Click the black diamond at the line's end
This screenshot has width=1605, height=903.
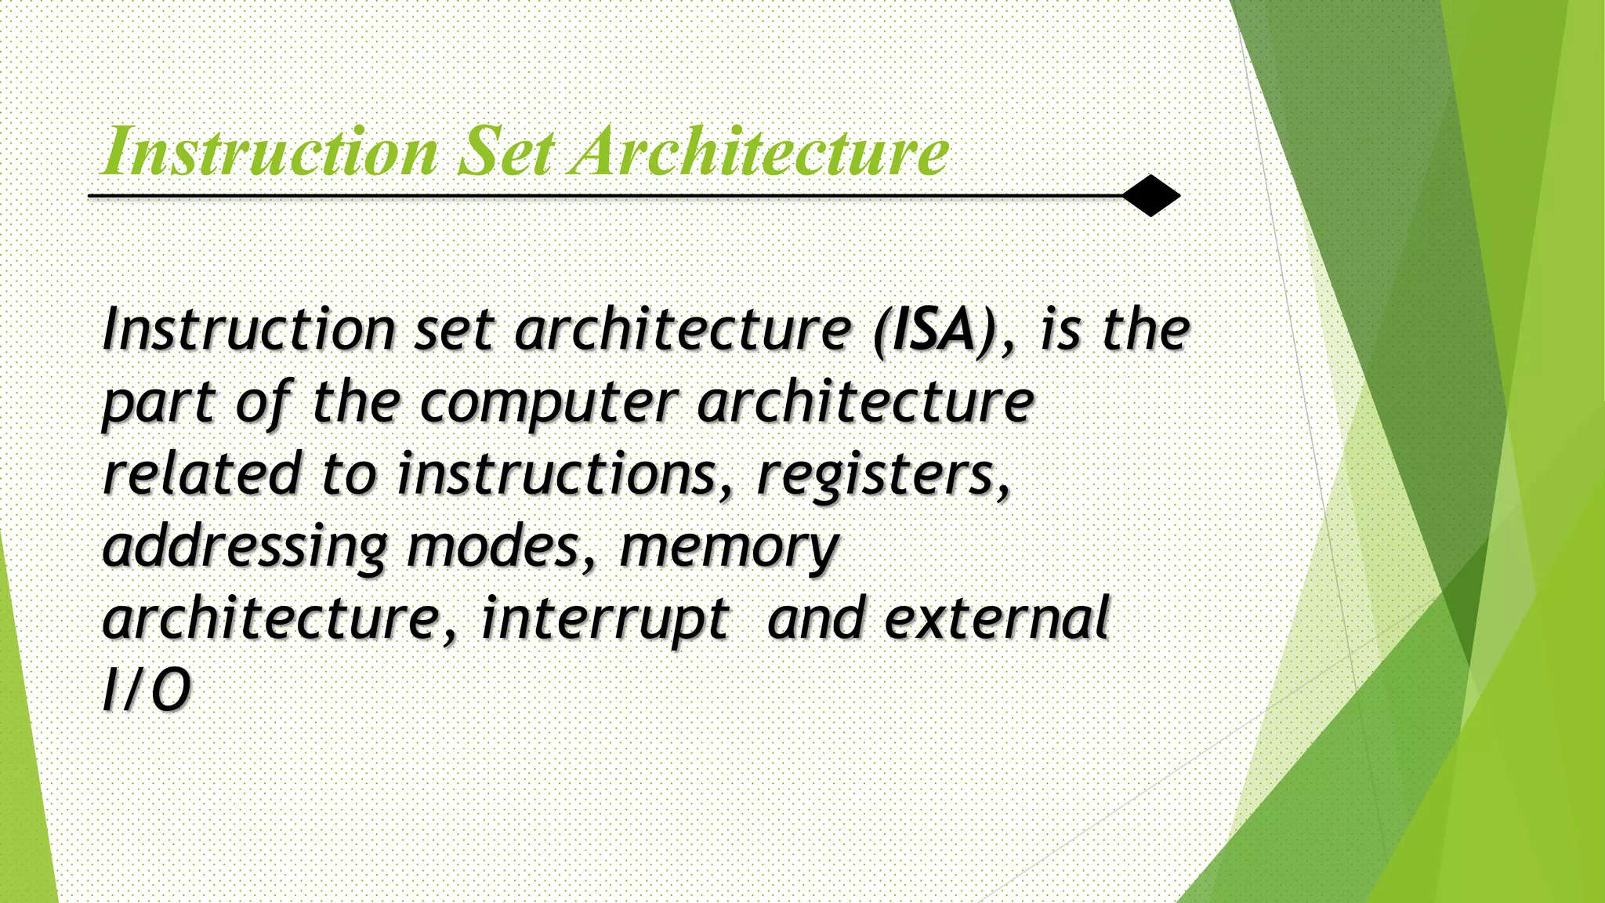tap(1150, 195)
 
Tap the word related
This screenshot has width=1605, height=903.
tap(202, 473)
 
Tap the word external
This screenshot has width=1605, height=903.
tap(997, 618)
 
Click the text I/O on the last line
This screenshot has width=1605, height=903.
tap(147, 690)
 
